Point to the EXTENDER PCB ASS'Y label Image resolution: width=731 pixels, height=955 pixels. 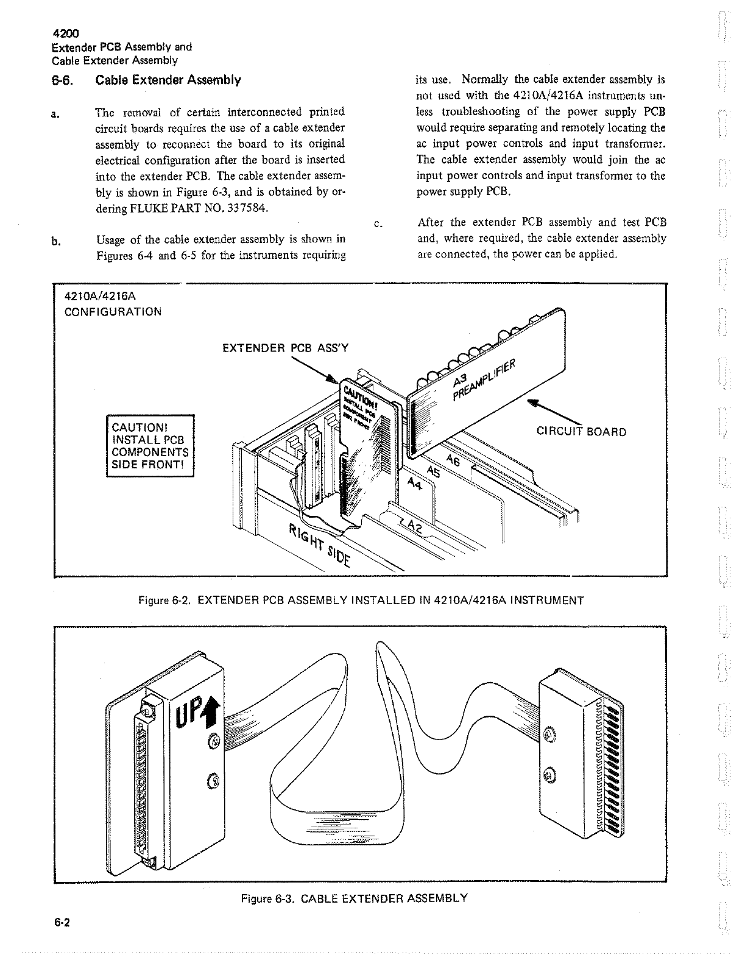[285, 348]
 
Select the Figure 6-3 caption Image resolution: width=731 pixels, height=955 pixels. [354, 898]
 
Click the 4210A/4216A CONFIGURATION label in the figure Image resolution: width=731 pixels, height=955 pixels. [113, 303]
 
